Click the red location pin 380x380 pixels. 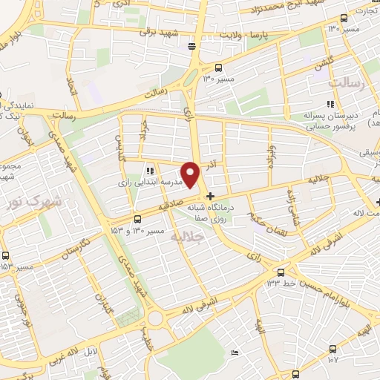191,174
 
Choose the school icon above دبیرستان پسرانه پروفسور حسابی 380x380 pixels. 331,104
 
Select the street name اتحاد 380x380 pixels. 72,88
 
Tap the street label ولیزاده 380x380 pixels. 273,157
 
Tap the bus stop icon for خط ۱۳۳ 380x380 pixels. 280,272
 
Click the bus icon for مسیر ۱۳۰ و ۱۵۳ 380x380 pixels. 137,219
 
